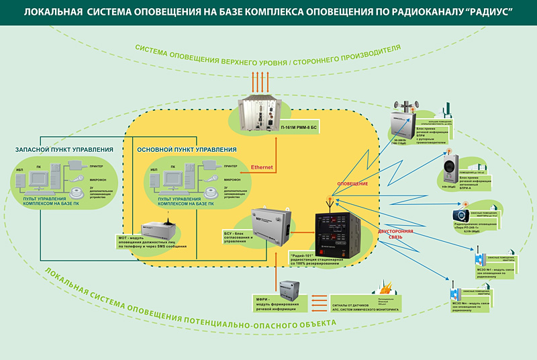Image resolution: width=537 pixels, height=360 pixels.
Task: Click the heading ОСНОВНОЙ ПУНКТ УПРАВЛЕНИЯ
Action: [x=186, y=148]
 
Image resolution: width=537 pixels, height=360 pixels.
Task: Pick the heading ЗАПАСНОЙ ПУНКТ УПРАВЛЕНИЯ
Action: [x=63, y=148]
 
